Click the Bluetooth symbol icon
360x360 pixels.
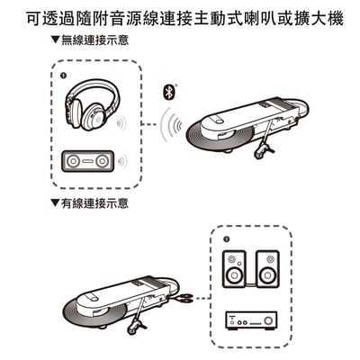[167, 91]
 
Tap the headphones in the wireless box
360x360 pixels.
[93, 104]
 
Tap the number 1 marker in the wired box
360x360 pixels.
[226, 240]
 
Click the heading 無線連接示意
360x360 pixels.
[92, 41]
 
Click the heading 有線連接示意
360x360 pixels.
[92, 204]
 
